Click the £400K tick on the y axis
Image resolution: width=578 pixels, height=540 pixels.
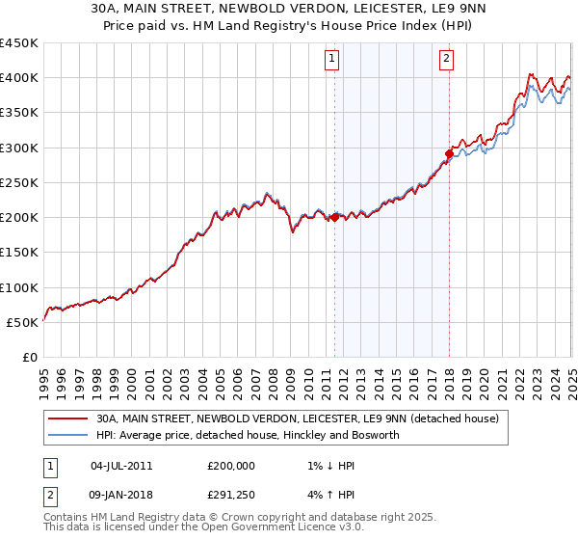click(19, 78)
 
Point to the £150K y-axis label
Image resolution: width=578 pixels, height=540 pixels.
click(19, 253)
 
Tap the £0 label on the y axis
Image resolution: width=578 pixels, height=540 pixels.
click(29, 358)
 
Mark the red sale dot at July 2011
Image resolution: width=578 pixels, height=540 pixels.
click(334, 218)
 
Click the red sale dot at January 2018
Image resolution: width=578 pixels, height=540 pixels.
click(449, 153)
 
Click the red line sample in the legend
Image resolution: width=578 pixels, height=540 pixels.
click(66, 418)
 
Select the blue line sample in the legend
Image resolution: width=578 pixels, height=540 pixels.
click(66, 435)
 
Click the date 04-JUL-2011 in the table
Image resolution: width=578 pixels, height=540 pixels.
click(121, 466)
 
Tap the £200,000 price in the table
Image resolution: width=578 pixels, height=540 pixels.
click(231, 466)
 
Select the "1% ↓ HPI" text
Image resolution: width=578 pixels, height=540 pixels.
click(328, 466)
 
